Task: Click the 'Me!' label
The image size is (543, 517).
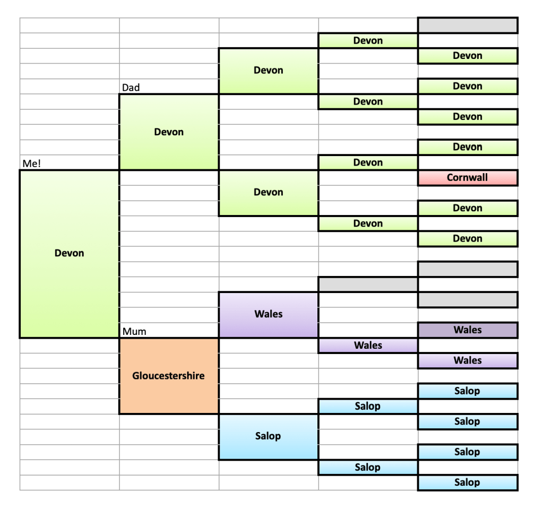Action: click(32, 163)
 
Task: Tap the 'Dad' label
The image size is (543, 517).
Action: click(131, 88)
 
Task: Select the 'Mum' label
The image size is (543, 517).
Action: click(134, 332)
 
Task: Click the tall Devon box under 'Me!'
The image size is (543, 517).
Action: click(69, 254)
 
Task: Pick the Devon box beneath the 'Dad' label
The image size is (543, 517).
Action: click(169, 132)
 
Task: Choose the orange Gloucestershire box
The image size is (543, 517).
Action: click(169, 376)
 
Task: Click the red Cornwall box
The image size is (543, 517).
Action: click(467, 178)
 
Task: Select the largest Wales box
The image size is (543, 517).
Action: click(268, 314)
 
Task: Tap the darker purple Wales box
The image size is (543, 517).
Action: click(467, 330)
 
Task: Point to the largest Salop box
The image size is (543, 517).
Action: click(268, 436)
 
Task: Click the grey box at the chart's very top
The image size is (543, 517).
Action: click(467, 25)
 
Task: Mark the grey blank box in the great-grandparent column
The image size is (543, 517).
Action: click(368, 285)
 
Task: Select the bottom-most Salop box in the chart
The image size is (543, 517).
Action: click(467, 482)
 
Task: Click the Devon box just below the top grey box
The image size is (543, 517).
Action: click(467, 56)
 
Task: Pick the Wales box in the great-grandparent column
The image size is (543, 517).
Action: click(368, 346)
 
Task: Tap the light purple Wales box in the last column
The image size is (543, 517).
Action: click(467, 360)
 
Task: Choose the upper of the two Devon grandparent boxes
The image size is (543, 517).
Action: click(268, 71)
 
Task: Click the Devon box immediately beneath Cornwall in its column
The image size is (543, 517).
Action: click(467, 208)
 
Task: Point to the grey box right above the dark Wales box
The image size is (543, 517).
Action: click(467, 300)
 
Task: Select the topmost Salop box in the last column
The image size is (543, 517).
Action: click(467, 391)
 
